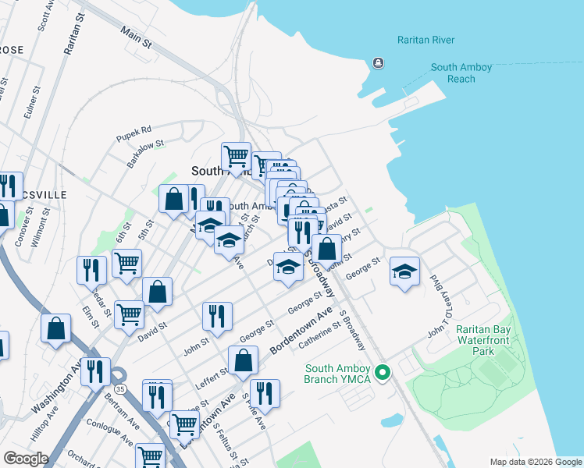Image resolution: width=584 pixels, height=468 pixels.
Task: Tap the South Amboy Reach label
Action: tap(461, 73)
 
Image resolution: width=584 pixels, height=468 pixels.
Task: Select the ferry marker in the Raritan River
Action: tap(379, 62)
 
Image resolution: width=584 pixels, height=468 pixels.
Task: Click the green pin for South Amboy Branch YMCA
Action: tap(382, 374)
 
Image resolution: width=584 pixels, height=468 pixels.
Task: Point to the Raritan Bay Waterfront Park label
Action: tap(483, 341)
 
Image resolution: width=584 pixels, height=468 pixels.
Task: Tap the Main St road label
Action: tap(136, 37)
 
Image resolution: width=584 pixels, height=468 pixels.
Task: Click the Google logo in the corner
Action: tap(26, 458)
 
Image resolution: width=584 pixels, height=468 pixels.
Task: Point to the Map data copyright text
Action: tap(535, 462)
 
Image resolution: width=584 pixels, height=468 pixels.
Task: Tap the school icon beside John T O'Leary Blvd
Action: tap(404, 272)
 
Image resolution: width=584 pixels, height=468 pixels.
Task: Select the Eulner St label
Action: tap(30, 103)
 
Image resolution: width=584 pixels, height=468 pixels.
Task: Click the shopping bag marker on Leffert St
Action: tap(244, 361)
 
